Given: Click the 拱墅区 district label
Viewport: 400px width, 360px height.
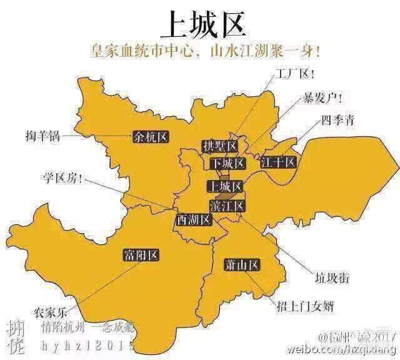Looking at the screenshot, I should click(x=221, y=146).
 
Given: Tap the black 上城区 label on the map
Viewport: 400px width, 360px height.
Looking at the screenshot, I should click(x=224, y=186).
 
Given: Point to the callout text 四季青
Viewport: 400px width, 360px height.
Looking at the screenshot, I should click(x=338, y=120).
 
